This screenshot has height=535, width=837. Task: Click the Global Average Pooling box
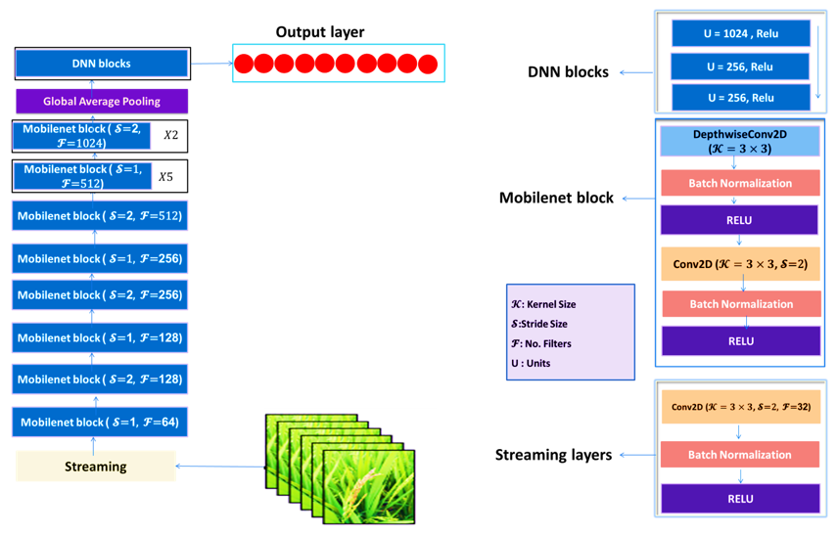[x=102, y=102]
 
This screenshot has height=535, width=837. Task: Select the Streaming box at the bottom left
[x=96, y=467]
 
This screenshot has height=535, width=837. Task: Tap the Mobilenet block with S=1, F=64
[x=100, y=422]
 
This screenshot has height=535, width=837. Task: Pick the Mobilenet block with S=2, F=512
[x=100, y=216]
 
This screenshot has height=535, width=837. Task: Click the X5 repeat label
[x=165, y=177]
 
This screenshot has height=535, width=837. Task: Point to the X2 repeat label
[x=170, y=135]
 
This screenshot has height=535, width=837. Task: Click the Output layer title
[x=320, y=32]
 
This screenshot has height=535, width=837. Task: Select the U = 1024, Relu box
[x=741, y=33]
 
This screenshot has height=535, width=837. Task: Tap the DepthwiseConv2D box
[x=740, y=142]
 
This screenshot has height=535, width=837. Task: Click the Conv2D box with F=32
[x=741, y=407]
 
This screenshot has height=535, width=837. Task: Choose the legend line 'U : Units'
[x=531, y=363]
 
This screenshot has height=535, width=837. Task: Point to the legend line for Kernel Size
[x=543, y=304]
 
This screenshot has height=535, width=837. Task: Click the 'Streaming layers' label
[x=553, y=455]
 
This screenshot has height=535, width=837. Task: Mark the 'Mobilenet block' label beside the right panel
[x=556, y=198]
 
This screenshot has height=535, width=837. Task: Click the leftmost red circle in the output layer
[x=244, y=64]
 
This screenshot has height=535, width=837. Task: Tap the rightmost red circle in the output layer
[x=428, y=64]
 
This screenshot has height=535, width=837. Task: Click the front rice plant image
[x=368, y=487]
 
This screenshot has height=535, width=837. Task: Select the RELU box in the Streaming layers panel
[x=740, y=499]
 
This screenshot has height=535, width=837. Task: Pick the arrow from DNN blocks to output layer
[x=211, y=64]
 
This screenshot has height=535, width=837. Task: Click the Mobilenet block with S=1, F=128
[x=100, y=337]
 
